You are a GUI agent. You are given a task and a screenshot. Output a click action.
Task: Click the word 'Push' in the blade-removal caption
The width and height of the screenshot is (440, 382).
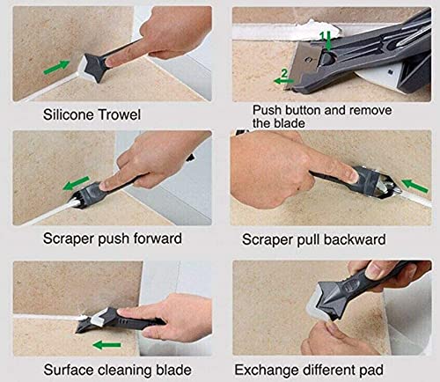click(x=268, y=110)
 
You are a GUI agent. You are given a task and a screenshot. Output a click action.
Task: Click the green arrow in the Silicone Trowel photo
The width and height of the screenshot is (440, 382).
click(x=32, y=62)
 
